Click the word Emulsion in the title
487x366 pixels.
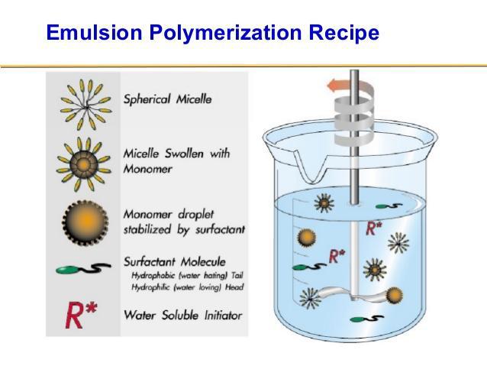(94, 32)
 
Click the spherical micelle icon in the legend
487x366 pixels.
(86, 105)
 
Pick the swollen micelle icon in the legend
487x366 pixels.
(83, 164)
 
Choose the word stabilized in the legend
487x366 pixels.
(147, 230)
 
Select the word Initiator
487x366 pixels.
(223, 316)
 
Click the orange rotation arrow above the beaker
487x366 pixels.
(338, 86)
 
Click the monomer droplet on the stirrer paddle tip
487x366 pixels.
(394, 296)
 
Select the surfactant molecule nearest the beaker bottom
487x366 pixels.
(367, 319)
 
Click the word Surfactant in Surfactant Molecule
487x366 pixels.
(150, 262)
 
